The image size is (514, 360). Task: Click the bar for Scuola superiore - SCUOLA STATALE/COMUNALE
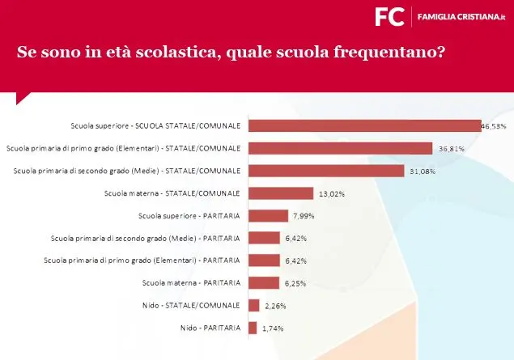364,125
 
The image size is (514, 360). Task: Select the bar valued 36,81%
340,148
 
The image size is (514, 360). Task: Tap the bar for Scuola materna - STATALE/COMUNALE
280,193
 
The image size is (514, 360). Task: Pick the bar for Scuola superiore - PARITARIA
268,215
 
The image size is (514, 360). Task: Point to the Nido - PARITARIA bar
253,328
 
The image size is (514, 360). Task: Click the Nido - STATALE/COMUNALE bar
253,305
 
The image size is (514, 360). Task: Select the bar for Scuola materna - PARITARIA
263,282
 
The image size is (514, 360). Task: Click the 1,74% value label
271,328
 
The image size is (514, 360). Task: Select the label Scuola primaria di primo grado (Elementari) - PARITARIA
141,260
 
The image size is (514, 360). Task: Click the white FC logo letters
389,16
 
